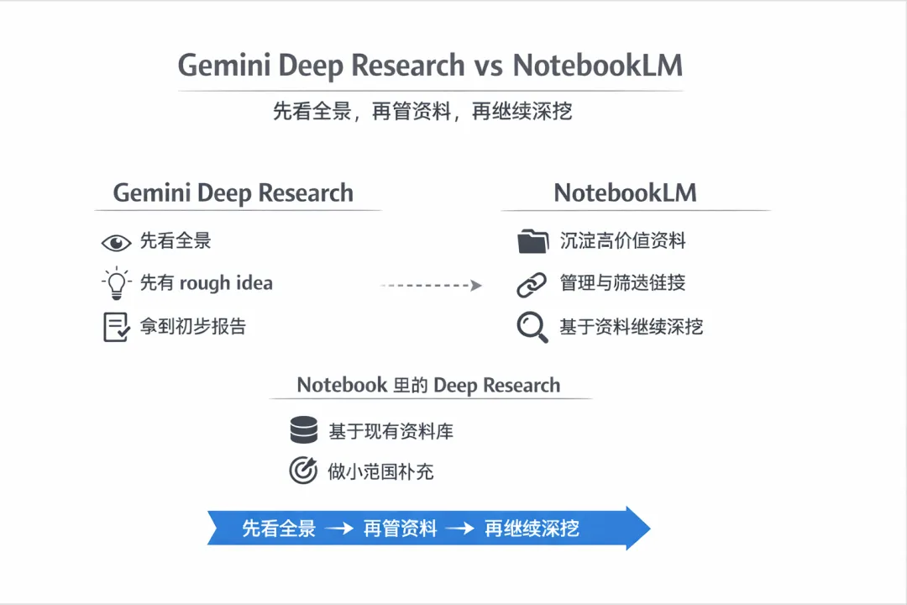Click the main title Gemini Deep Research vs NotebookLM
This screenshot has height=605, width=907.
pyautogui.click(x=429, y=66)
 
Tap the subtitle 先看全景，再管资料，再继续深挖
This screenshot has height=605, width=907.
pyautogui.click(x=422, y=111)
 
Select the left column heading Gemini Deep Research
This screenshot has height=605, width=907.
pyautogui.click(x=233, y=192)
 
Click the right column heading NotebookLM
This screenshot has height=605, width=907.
pyautogui.click(x=626, y=192)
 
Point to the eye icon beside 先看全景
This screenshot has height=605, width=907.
pyautogui.click(x=116, y=243)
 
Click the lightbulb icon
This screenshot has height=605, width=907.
pyautogui.click(x=116, y=283)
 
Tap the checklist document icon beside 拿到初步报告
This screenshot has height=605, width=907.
pyautogui.click(x=116, y=327)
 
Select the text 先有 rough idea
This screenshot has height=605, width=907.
pyautogui.click(x=206, y=283)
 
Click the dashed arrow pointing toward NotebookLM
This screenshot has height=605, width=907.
pyautogui.click(x=431, y=286)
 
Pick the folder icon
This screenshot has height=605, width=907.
pyautogui.click(x=532, y=242)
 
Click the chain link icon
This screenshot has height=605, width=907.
pyautogui.click(x=532, y=284)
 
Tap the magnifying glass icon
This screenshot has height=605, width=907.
pyautogui.click(x=532, y=327)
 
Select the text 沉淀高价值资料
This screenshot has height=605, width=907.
pyautogui.click(x=622, y=242)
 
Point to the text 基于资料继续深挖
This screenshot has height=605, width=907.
pyautogui.click(x=631, y=327)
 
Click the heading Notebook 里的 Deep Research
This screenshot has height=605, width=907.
pyautogui.click(x=428, y=386)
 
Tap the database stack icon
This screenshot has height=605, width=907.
pyautogui.click(x=303, y=431)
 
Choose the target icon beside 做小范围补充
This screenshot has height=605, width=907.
pyautogui.click(x=302, y=471)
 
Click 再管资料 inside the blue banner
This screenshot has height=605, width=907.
pyautogui.click(x=401, y=529)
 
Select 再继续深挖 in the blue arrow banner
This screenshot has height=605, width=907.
pyautogui.click(x=532, y=529)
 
